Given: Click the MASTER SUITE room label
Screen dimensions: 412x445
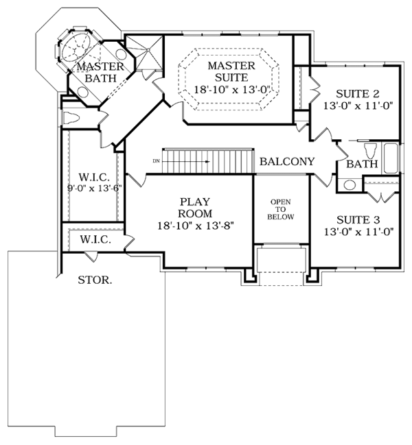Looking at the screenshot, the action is click(231, 71).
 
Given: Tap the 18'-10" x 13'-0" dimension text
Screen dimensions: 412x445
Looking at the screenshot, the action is click(231, 90).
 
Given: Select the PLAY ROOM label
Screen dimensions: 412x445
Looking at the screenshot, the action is click(195, 208).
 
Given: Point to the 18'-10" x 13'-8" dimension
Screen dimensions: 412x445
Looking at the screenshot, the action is click(196, 226).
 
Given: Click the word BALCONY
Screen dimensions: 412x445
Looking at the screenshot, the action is click(287, 162).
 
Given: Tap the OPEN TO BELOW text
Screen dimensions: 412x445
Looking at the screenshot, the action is click(281, 209).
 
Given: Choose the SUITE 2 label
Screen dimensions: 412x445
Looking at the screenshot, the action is click(358, 94).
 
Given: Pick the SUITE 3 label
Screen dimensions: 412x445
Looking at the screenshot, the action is click(358, 219).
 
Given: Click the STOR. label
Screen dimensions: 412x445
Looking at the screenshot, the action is click(95, 280).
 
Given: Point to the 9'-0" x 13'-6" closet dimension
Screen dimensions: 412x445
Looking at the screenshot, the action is click(94, 188).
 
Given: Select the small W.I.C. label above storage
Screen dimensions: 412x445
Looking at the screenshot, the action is click(95, 239).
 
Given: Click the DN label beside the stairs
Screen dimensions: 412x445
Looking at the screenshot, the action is click(157, 161).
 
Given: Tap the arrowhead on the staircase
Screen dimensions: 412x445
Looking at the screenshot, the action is click(207, 162).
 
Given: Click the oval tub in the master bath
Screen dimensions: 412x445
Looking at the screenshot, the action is click(76, 47).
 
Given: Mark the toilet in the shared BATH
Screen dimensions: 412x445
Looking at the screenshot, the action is click(370, 150).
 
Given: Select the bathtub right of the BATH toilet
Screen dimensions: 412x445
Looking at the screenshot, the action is click(391, 158).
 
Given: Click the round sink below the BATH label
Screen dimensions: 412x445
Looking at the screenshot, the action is click(350, 185).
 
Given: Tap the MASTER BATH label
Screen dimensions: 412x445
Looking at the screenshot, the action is click(100, 72).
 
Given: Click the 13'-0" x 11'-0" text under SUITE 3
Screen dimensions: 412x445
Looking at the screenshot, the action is click(358, 232).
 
